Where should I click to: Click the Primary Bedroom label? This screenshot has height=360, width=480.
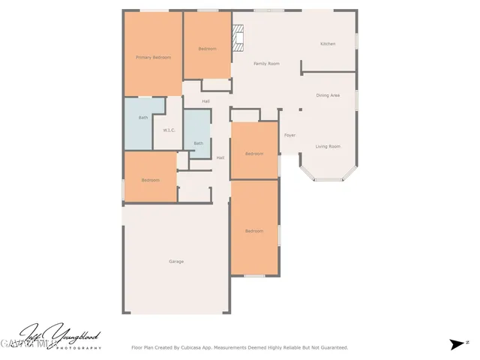pos(153,58)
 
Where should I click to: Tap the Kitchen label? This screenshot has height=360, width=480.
pos(328,44)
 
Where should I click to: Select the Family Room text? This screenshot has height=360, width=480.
pos(266,64)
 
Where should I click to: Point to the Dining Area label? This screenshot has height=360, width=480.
pos(328,95)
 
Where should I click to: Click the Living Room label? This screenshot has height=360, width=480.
pos(328,146)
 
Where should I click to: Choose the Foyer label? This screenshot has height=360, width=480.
pos(289,135)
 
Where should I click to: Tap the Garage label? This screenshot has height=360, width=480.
pos(176,261)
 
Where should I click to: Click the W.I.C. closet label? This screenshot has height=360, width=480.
pos(169,131)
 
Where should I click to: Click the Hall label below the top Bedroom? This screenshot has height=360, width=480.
pos(205,101)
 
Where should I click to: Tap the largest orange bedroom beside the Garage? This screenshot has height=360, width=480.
pos(254,230)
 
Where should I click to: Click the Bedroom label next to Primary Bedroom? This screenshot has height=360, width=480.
pos(207,49)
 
